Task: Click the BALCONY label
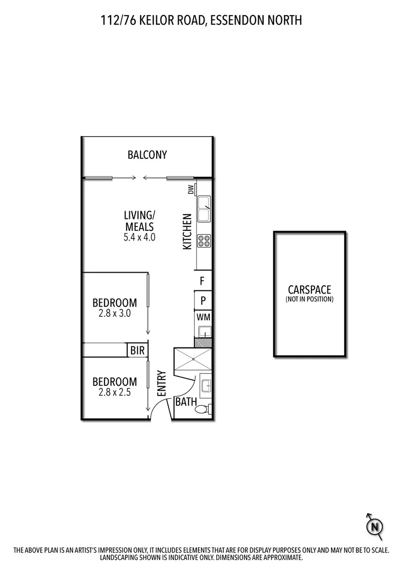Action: coord(147,155)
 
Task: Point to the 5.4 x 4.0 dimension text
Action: coord(140,237)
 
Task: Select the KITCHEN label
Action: coord(187,231)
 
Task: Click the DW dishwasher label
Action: coord(190,189)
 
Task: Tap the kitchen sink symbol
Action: coord(204,209)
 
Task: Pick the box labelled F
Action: coord(203,280)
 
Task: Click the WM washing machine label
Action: coord(203,317)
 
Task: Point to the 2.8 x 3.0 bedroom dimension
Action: coord(114,313)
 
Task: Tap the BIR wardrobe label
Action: coord(136,351)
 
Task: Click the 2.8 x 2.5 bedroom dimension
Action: coord(114,392)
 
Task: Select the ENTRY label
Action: coord(162,385)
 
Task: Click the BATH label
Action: coord(186,402)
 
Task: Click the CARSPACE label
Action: coord(309,290)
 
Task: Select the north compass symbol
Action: coord(374,525)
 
